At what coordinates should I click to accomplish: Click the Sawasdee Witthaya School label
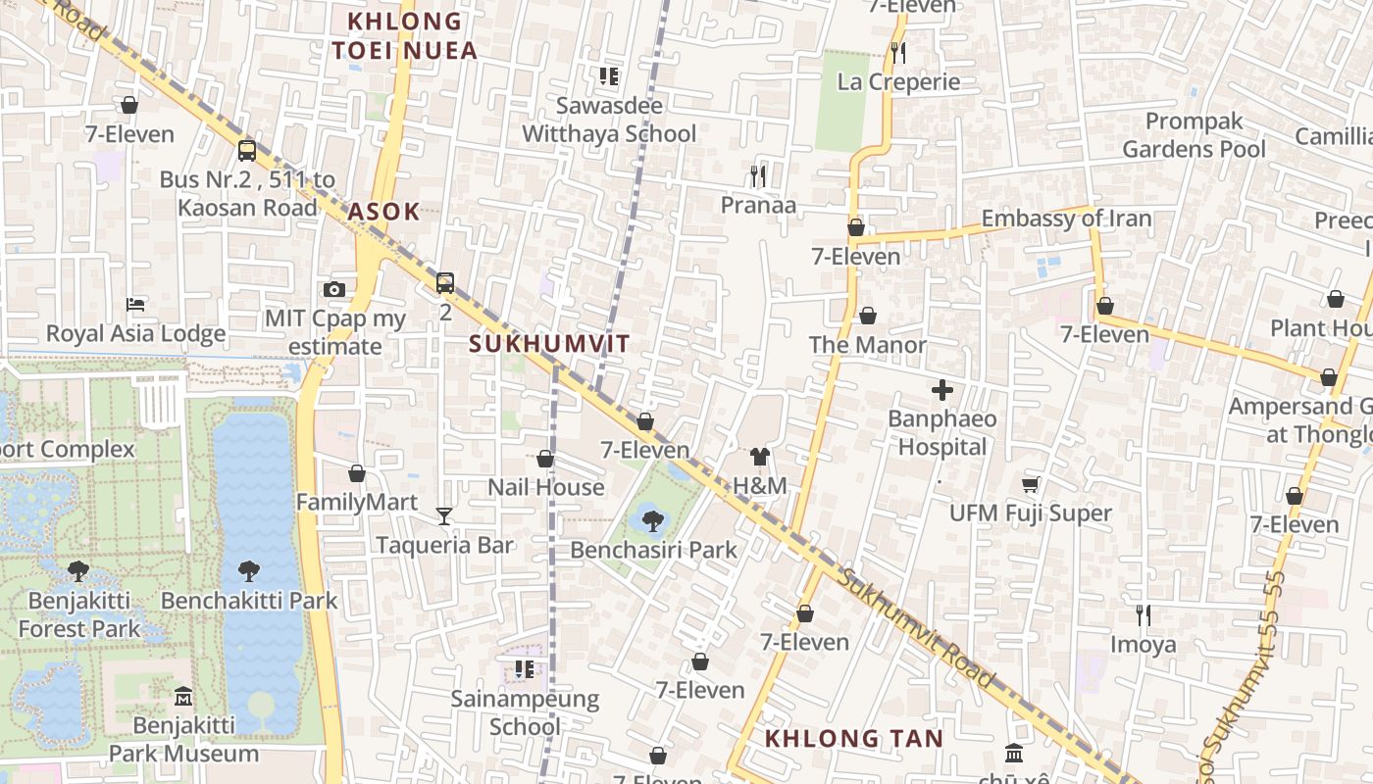click(x=609, y=120)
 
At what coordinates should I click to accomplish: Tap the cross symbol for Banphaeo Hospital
click(x=941, y=391)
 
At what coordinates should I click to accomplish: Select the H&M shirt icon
click(x=760, y=456)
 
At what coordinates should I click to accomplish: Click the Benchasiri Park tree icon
click(x=652, y=520)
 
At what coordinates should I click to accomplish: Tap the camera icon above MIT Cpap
click(x=334, y=290)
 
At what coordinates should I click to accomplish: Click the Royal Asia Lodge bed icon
click(x=135, y=305)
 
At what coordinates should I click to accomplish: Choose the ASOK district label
click(x=383, y=211)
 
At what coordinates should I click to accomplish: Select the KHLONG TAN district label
click(x=853, y=739)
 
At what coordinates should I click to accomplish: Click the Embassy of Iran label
click(x=1066, y=219)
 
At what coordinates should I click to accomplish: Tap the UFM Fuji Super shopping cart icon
click(x=1030, y=484)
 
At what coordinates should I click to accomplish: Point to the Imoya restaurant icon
click(x=1143, y=615)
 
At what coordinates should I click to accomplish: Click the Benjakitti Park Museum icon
click(x=183, y=697)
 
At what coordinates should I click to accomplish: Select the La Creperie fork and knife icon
click(x=897, y=52)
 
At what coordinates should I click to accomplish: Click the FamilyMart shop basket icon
click(x=357, y=473)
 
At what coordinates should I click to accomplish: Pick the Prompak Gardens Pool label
click(x=1194, y=135)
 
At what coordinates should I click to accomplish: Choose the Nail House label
click(x=546, y=487)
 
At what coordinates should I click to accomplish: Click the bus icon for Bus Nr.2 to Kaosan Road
click(x=247, y=151)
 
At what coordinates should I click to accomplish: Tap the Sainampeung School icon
click(x=525, y=669)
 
